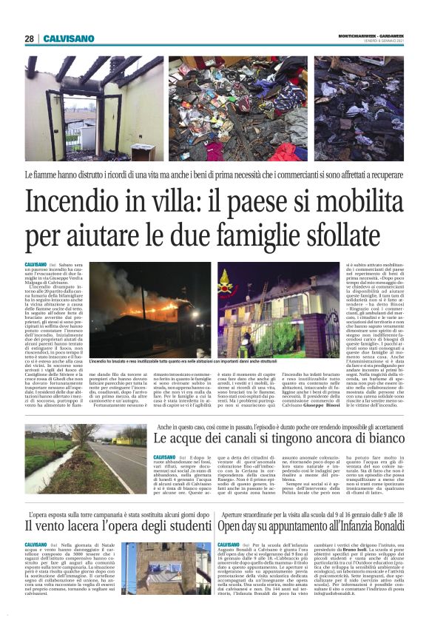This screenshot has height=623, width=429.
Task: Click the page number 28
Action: pyautogui.click(x=29, y=38)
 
